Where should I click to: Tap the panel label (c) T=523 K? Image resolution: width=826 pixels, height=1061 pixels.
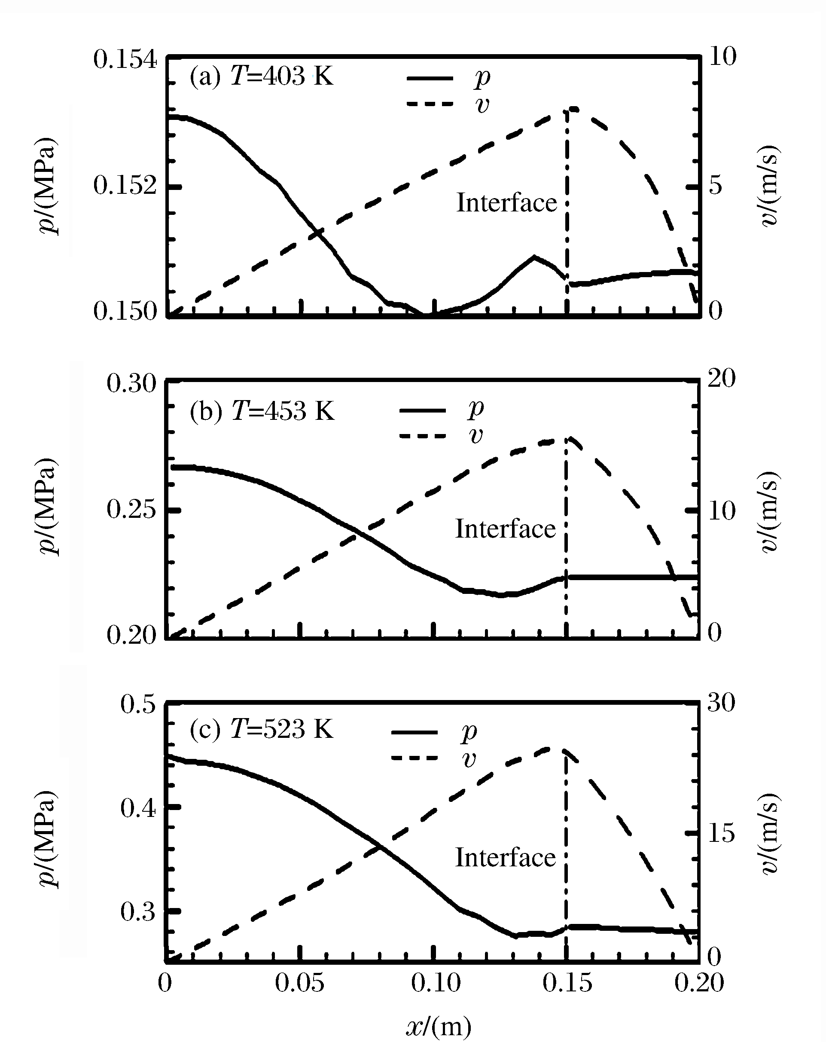[261, 729]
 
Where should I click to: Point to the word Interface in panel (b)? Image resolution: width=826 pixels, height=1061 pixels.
[505, 529]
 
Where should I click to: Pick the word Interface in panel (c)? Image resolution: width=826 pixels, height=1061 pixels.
[505, 857]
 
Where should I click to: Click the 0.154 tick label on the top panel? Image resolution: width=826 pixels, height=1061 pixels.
[125, 60]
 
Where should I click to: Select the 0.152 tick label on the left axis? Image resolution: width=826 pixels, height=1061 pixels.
[125, 186]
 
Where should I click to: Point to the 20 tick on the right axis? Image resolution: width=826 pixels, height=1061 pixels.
[721, 379]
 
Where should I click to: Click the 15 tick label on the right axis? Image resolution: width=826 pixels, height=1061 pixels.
[721, 834]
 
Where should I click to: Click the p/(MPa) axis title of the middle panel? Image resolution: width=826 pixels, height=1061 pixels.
[48, 507]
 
